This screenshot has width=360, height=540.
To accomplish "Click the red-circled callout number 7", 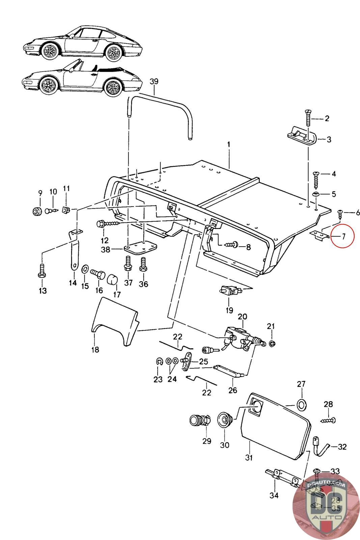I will coord(343,236).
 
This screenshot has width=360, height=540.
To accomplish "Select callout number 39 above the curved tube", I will coord(154,82).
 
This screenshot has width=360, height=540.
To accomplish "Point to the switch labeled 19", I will coord(229,291).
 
